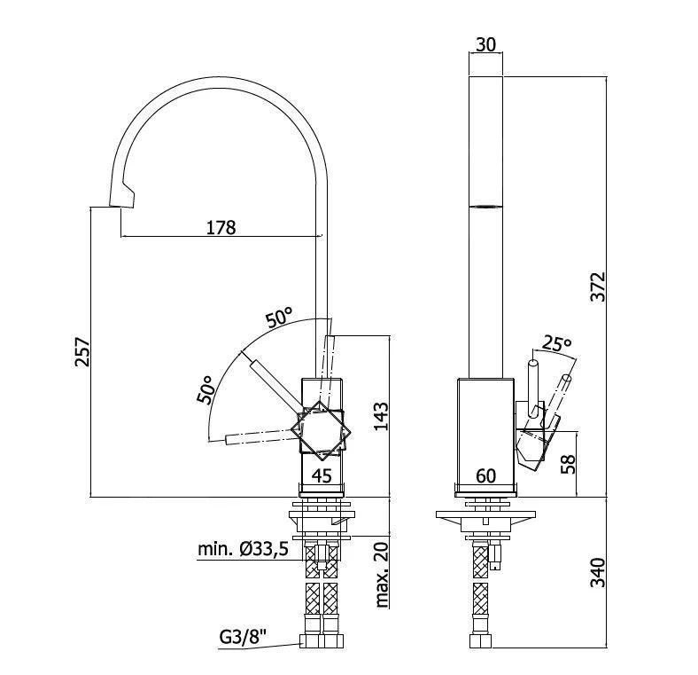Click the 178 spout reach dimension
(221, 227)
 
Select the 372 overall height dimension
(599, 286)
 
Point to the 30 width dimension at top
(485, 43)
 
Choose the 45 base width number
(322, 475)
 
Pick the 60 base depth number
(485, 475)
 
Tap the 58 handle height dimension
(570, 463)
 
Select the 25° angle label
(557, 343)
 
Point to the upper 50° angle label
(280, 317)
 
